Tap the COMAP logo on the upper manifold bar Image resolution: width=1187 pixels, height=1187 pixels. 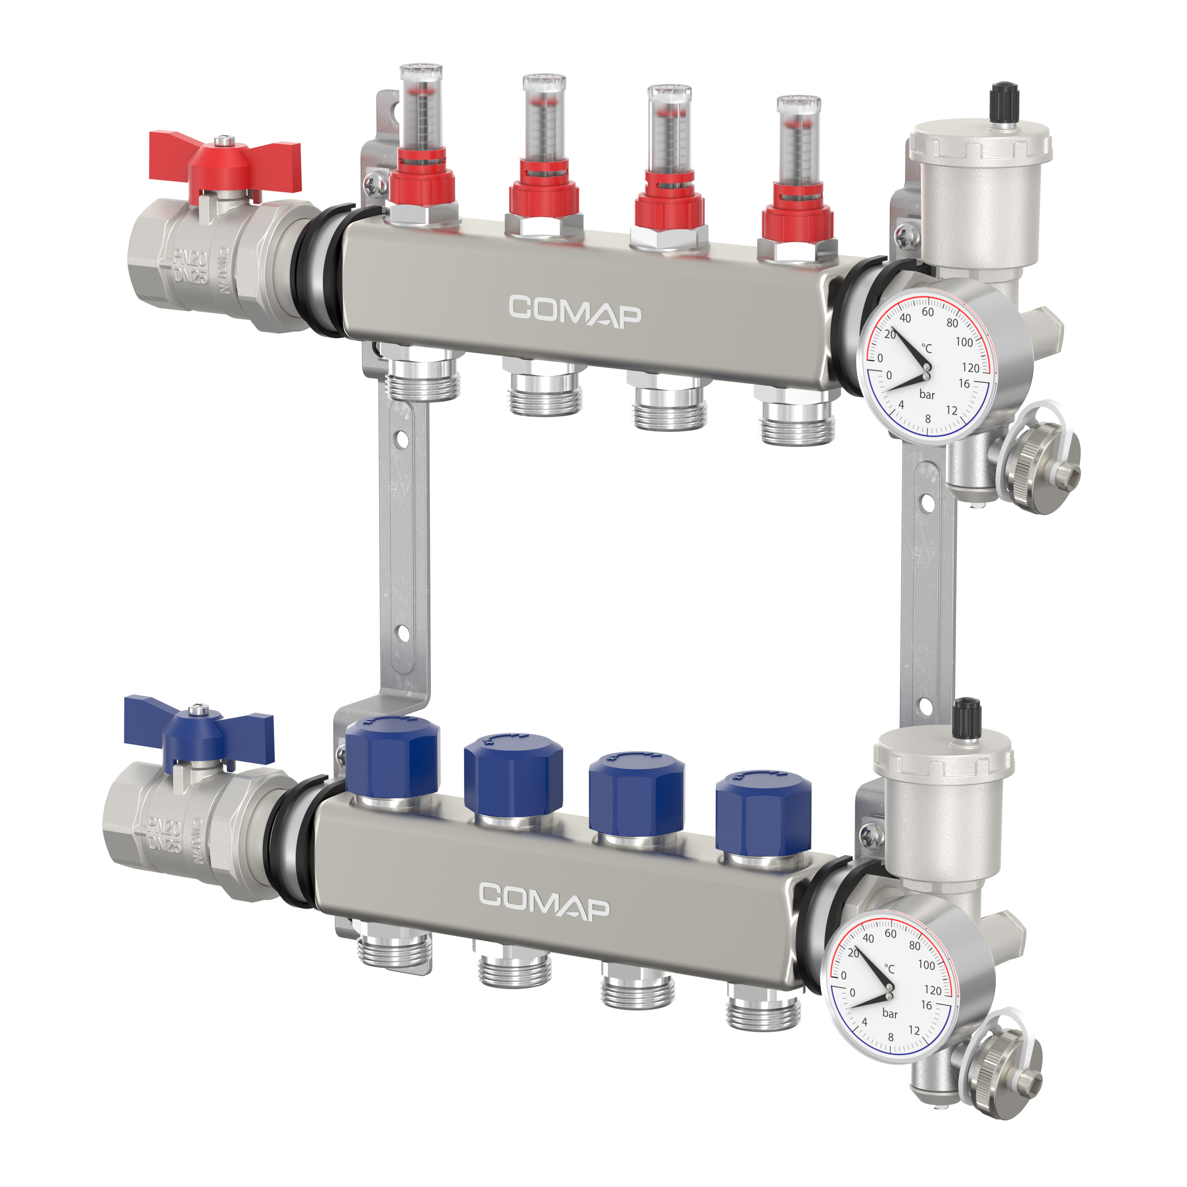click(574, 312)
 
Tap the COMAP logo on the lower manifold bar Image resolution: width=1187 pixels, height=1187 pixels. click(544, 902)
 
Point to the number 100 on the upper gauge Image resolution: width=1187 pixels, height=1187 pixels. click(963, 342)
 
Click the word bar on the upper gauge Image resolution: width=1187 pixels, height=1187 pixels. click(927, 394)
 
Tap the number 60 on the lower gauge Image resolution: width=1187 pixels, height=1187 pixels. click(890, 933)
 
